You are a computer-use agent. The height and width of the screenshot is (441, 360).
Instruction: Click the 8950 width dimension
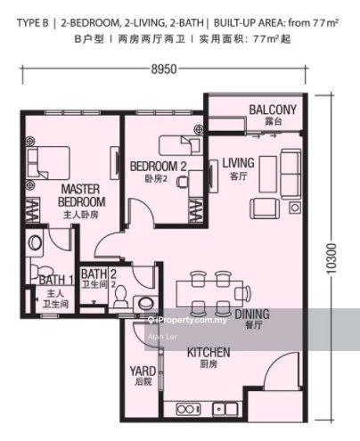pyautogui.click(x=164, y=69)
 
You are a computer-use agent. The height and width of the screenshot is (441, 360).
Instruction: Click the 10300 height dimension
pyautogui.click(x=331, y=258)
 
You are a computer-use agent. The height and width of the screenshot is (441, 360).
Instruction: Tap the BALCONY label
pyautogui.click(x=273, y=110)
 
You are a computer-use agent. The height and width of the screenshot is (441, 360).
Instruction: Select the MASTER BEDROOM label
pyautogui.click(x=81, y=195)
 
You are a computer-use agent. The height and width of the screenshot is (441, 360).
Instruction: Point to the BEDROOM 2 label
pyautogui.click(x=159, y=167)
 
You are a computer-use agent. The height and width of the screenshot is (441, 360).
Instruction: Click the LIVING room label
pyautogui.click(x=239, y=163)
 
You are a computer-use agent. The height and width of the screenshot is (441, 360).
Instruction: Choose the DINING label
pyautogui.click(x=252, y=314)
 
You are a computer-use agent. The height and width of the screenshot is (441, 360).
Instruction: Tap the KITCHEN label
pyautogui.click(x=209, y=353)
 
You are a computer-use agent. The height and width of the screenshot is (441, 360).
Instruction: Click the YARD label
pyautogui.click(x=143, y=371)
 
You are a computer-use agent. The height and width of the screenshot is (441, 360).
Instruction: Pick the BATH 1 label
pyautogui.click(x=56, y=280)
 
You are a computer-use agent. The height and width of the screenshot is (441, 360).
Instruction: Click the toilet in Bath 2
pyautogui.click(x=120, y=297)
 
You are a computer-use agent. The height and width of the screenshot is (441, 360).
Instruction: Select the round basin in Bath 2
pyautogui.click(x=146, y=304)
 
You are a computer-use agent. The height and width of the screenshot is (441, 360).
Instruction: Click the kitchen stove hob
pyautogui.click(x=188, y=410)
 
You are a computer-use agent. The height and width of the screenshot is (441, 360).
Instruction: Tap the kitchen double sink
pyautogui.click(x=225, y=410)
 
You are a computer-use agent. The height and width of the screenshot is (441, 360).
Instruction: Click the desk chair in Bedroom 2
pyautogui.click(x=183, y=182)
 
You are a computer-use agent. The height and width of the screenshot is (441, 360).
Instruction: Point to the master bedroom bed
pyautogui.click(x=49, y=163)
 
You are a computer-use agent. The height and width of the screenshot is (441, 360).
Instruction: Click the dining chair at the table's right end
pyautogui.click(x=242, y=292)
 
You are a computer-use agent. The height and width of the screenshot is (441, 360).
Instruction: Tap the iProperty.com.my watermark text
pyautogui.click(x=190, y=320)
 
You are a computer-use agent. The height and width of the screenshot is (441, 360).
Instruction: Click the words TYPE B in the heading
pyautogui.click(x=33, y=23)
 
